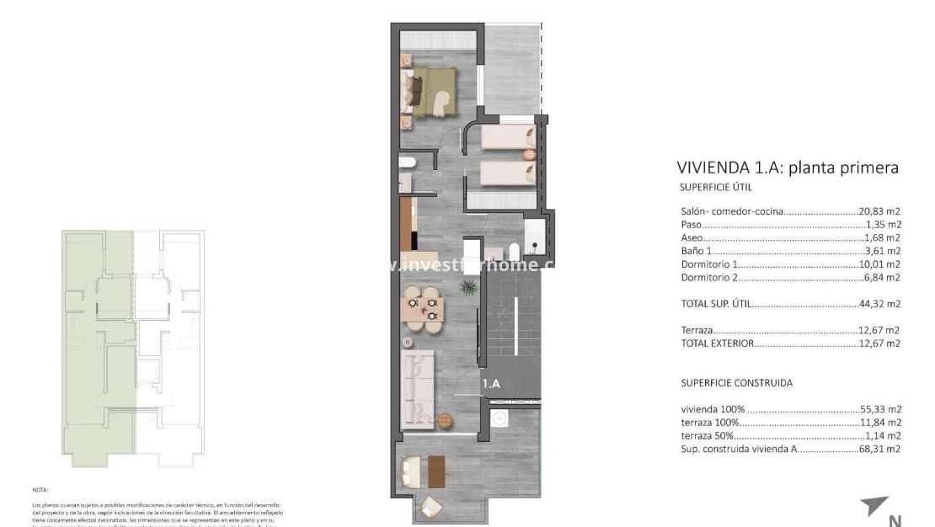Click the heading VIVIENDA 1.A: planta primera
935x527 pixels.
click(x=788, y=167)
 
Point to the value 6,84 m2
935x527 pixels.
click(x=884, y=277)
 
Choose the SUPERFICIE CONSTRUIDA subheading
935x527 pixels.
click(x=736, y=383)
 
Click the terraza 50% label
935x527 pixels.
click(x=707, y=436)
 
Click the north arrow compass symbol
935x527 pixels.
click(x=874, y=508)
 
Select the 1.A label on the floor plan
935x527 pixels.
click(x=492, y=384)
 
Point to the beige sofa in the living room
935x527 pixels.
click(x=418, y=390)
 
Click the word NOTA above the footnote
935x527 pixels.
click(x=40, y=489)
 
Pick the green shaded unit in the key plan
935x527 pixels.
click(x=97, y=345)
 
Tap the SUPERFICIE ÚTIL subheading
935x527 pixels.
click(x=715, y=187)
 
